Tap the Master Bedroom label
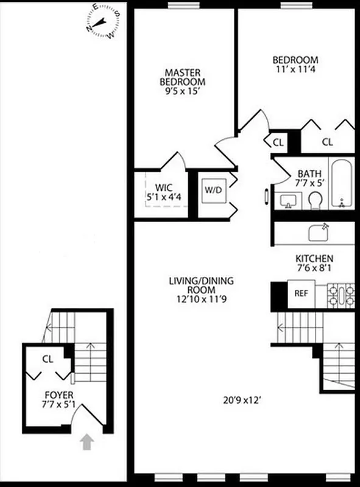pyautogui.click(x=182, y=76)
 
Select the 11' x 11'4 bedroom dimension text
pyautogui.click(x=295, y=70)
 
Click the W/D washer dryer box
pyautogui.click(x=213, y=190)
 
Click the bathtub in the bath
pyautogui.click(x=341, y=183)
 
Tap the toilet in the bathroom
pyautogui.click(x=316, y=200)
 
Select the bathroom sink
pyautogui.click(x=288, y=200)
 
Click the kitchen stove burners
pyautogui.click(x=341, y=294)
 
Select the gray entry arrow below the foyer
pyautogui.click(x=88, y=441)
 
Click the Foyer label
pyautogui.click(x=59, y=395)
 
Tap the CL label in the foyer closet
pyautogui.click(x=48, y=359)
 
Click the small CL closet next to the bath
pyautogui.click(x=278, y=142)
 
